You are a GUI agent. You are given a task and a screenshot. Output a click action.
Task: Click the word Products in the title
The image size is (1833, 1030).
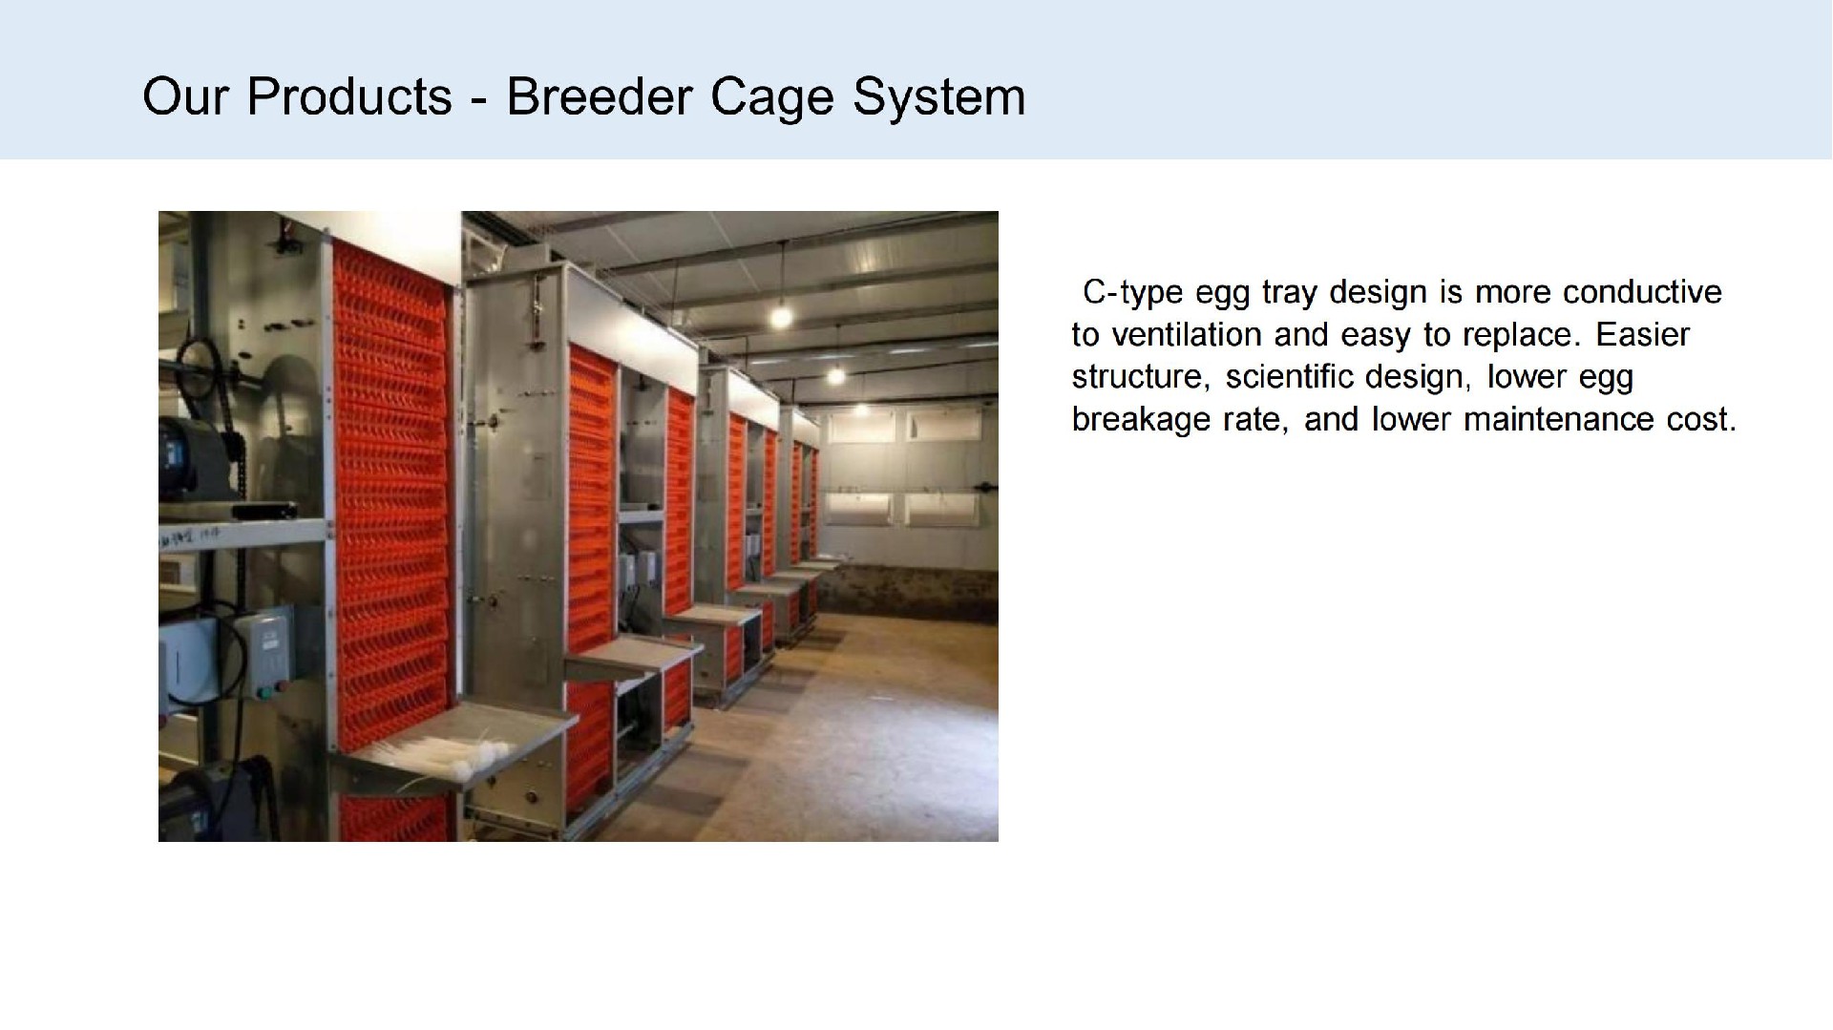pos(349,96)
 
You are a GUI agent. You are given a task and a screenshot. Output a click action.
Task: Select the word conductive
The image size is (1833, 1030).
pos(1642,291)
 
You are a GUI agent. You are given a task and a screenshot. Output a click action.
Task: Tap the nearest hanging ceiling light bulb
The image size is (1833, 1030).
pos(781,312)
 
